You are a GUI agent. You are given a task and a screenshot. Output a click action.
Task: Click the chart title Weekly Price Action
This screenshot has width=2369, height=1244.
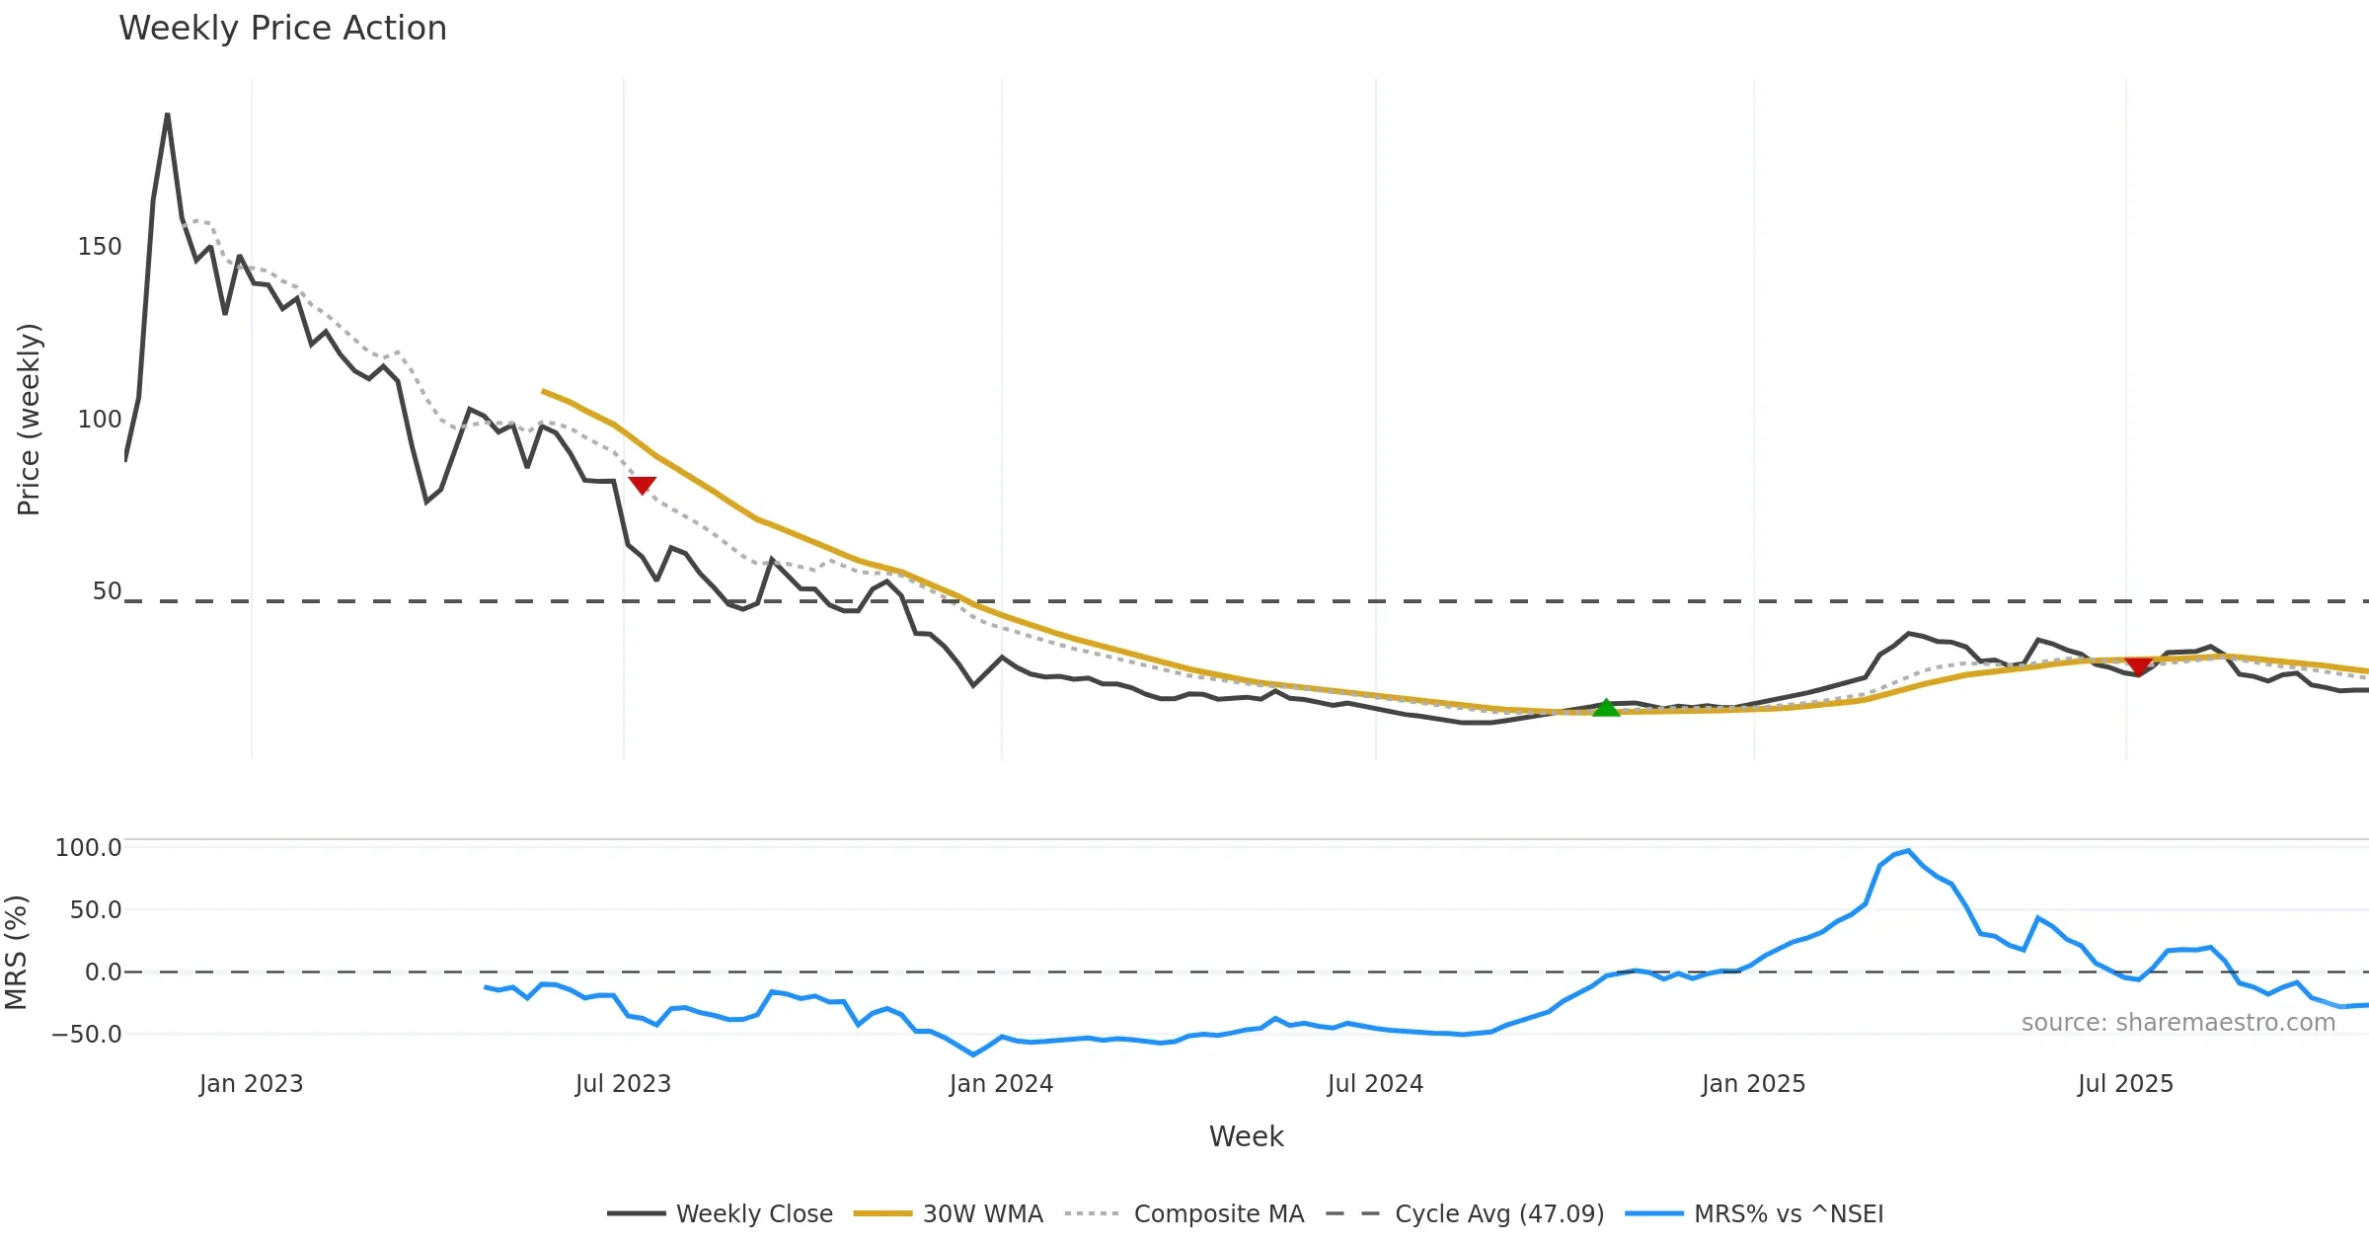tap(282, 29)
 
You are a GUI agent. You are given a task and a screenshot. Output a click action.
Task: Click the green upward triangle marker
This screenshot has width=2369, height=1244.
tap(1606, 707)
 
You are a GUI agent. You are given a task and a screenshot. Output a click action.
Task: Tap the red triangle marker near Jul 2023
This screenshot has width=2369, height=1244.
tap(642, 485)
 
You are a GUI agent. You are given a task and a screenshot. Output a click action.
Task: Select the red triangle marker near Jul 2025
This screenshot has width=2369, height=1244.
tap(2138, 666)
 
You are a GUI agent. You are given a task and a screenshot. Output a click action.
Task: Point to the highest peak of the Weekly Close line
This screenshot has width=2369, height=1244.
tap(168, 115)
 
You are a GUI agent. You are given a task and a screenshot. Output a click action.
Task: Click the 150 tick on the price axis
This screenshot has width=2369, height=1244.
tap(100, 247)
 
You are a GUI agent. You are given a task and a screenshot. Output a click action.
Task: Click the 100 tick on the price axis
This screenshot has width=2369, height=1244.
tap(100, 420)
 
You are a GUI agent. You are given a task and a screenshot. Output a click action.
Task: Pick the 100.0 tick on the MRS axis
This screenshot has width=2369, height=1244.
tap(89, 848)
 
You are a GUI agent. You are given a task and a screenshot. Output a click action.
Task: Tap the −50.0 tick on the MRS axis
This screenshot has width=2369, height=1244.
tap(87, 1035)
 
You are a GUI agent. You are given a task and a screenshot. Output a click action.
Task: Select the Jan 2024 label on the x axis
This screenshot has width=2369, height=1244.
tap(1001, 1084)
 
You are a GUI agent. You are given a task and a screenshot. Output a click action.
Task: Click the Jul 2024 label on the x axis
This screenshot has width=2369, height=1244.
tap(1375, 1084)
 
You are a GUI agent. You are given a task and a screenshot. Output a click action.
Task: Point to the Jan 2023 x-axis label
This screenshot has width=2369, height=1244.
tap(251, 1084)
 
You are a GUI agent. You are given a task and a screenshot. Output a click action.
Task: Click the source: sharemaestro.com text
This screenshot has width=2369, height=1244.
tap(2178, 1023)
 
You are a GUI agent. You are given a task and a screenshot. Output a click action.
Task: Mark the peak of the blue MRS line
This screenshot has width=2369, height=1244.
tap(1908, 851)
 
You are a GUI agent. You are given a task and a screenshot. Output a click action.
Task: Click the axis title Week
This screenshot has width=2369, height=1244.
tap(1246, 1137)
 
